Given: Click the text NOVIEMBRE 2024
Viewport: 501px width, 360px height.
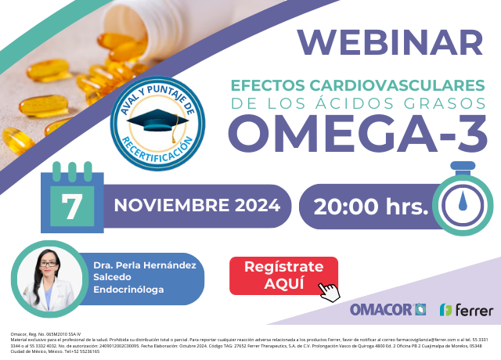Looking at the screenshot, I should [196, 206].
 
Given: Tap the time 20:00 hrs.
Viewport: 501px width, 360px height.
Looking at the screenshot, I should [370, 207].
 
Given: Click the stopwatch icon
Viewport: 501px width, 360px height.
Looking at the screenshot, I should [463, 200].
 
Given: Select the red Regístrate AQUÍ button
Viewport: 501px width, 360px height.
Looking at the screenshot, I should [283, 275].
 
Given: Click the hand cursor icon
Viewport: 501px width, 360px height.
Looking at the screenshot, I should [330, 290].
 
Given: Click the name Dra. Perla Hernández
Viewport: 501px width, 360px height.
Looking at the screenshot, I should [144, 265].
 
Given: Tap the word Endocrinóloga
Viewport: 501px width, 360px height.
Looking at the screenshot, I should [128, 290].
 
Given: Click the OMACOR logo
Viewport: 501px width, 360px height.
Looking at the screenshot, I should [387, 310].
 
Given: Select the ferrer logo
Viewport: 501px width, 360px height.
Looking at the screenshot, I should [467, 310].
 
